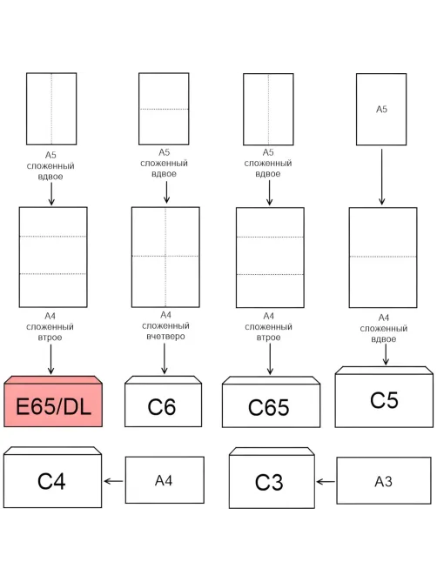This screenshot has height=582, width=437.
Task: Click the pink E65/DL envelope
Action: [x=53, y=401]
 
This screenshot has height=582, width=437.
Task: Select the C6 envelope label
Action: [x=162, y=407]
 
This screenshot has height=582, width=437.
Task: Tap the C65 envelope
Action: [x=271, y=402]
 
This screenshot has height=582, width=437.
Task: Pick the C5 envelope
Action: [x=384, y=397]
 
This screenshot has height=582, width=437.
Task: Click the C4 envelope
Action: [x=52, y=478]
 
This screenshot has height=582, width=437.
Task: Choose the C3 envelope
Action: [x=272, y=478]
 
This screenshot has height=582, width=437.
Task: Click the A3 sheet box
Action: [x=384, y=481]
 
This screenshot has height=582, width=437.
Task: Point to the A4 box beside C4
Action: [x=165, y=480]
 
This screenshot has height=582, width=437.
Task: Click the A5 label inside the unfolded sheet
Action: [x=381, y=109]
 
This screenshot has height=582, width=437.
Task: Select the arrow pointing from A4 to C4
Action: [x=113, y=481]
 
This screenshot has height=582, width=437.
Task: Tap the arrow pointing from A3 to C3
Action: [x=326, y=482]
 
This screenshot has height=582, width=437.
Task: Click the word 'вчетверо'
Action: [x=165, y=337]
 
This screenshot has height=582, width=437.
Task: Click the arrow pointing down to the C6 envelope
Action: [x=165, y=358]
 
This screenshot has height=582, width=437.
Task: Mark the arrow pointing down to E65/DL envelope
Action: [x=50, y=359]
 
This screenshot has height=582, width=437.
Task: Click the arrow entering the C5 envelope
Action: [x=386, y=354]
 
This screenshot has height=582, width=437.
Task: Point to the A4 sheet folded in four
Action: [x=165, y=257]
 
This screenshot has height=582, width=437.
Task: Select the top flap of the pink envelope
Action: [x=53, y=379]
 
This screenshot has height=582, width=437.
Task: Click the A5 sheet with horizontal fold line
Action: [x=164, y=109]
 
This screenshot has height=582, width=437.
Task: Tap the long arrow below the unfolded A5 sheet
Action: [x=381, y=177]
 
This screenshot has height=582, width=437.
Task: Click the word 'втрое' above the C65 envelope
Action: [x=268, y=338]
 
